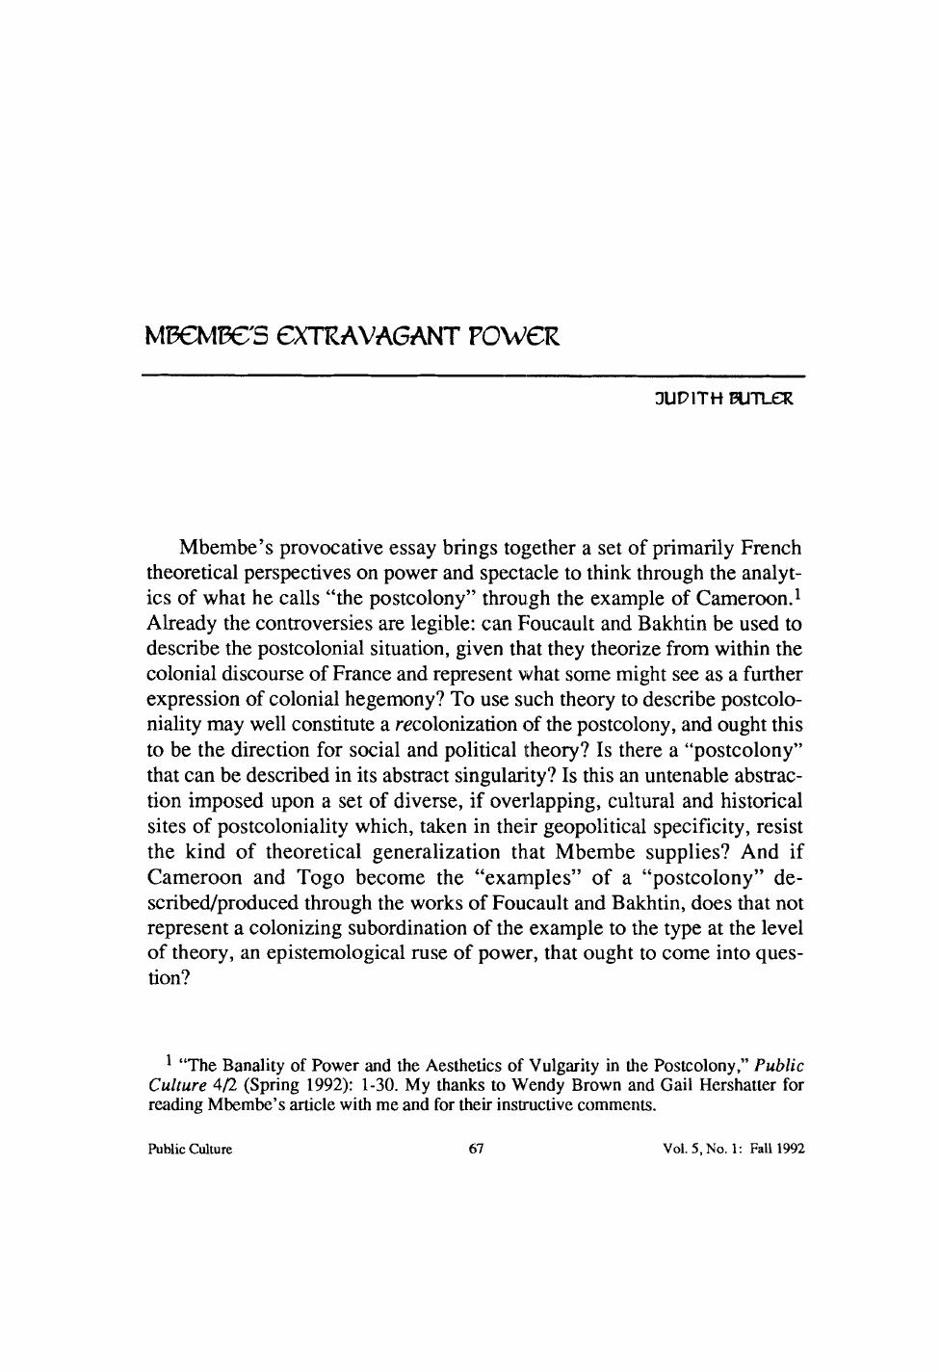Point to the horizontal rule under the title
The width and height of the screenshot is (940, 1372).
coord(472,375)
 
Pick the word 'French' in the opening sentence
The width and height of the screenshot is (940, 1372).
coord(770,549)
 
